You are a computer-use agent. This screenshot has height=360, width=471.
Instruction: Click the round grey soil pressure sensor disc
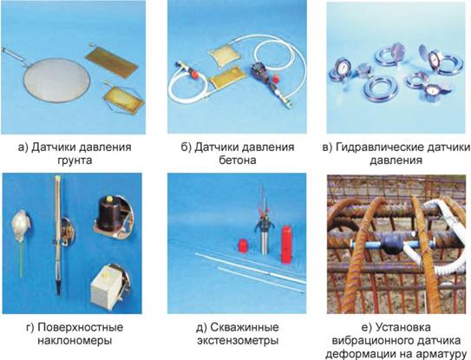[56, 82]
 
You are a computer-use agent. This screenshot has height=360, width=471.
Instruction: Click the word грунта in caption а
[75, 160]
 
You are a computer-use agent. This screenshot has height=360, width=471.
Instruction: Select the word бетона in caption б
[238, 160]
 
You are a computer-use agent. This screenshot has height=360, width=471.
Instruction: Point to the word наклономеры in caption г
[75, 341]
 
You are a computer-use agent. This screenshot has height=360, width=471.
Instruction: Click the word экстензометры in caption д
[238, 341]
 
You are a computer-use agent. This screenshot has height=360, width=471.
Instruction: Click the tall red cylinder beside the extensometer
[286, 245]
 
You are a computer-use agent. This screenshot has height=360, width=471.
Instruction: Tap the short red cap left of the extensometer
[242, 245]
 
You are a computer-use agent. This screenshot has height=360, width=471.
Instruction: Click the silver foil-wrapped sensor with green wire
[21, 226]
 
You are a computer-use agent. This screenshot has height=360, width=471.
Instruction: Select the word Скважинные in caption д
[245, 327]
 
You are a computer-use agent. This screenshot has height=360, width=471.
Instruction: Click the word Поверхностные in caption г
[80, 327]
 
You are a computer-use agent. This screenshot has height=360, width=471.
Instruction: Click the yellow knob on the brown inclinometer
[109, 198]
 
